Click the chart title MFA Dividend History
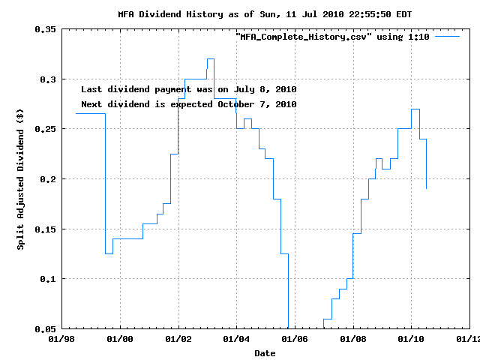265,14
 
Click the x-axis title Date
265,352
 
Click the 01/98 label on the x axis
62,339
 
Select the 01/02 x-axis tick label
178,339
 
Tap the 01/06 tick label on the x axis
295,339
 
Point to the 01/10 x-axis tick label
411,339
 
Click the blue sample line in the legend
447,36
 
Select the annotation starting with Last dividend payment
188,89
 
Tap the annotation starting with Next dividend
188,104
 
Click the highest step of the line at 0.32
211,58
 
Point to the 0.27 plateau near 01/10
415,109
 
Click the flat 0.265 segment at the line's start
90,114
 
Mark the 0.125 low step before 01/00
109,253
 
